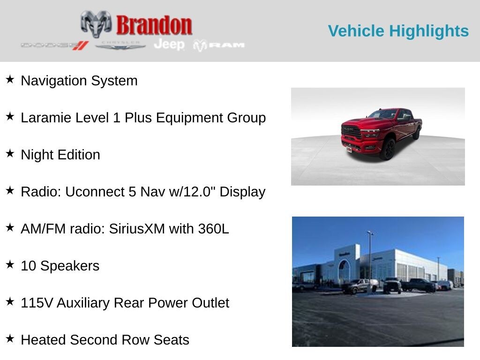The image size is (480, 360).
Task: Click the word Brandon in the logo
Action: [154, 25]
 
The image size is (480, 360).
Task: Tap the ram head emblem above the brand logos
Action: [96, 23]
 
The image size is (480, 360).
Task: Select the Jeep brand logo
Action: [169, 45]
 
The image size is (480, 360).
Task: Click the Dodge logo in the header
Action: [54, 45]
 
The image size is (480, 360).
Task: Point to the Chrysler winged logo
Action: [120, 45]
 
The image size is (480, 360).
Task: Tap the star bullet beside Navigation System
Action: [10, 79]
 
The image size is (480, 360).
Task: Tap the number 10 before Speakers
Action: [28, 266]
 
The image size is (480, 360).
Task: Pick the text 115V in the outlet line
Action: [37, 303]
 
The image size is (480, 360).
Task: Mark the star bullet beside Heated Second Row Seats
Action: [10, 338]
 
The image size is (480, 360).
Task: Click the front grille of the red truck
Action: [352, 131]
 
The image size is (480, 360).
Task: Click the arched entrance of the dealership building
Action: [344, 270]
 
